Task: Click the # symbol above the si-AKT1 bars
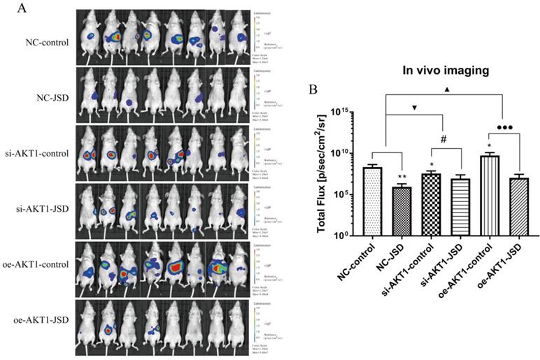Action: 443,139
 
